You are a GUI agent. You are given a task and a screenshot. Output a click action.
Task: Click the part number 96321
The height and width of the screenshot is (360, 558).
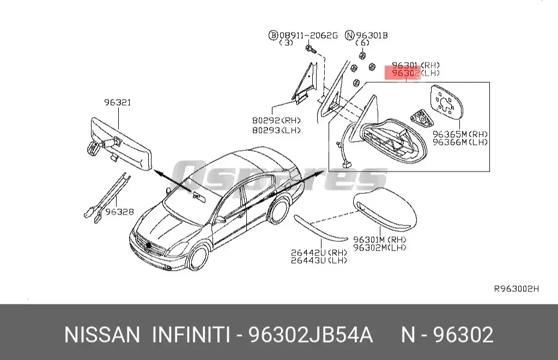click(x=118, y=102)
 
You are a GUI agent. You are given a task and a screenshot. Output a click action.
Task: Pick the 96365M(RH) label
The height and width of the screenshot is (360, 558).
click(x=460, y=134)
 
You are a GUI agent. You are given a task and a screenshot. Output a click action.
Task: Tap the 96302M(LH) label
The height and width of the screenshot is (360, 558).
click(x=380, y=247)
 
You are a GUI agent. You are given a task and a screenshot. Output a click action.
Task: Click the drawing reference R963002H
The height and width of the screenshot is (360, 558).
click(x=515, y=289)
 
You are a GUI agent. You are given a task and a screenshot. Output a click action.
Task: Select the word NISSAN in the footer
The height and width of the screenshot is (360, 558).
click(x=102, y=334)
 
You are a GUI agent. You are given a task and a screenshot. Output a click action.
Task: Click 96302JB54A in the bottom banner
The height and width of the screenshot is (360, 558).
click(x=311, y=334)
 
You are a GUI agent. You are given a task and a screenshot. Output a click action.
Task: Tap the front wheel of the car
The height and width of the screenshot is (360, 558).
click(x=198, y=259)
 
